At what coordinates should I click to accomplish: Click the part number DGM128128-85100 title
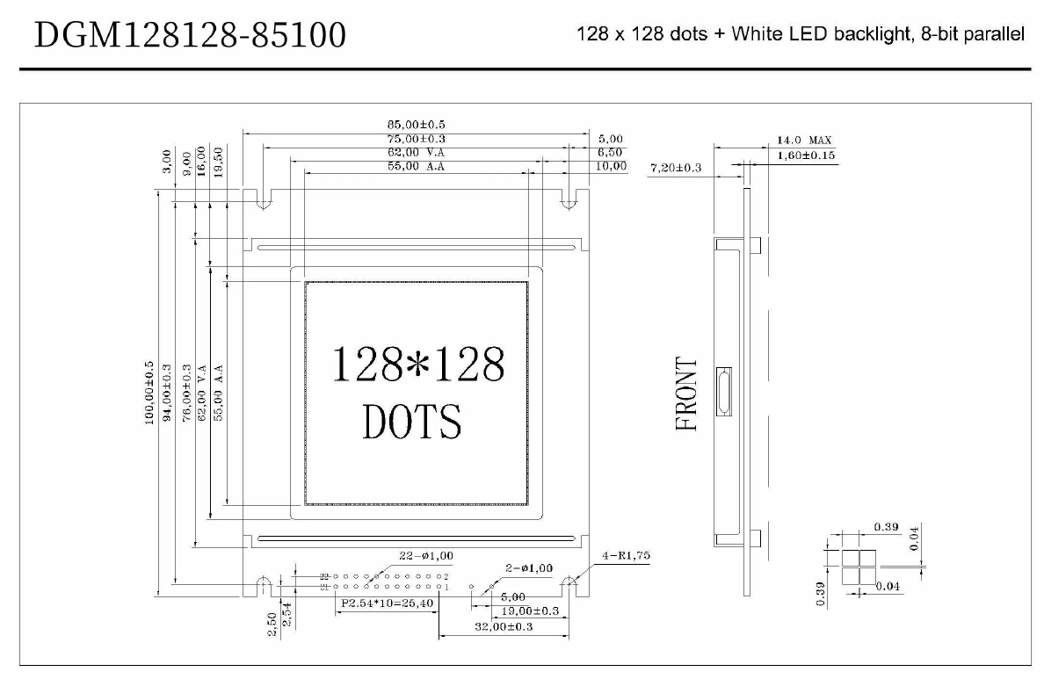pos(191,35)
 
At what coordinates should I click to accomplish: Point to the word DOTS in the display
pos(411,422)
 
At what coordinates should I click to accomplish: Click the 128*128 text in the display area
pos(417,364)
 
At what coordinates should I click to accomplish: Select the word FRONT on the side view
pos(686,394)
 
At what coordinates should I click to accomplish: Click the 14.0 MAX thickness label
pos(803,141)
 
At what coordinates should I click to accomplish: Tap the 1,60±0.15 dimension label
pos(806,155)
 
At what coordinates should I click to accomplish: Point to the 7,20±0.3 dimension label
pos(676,167)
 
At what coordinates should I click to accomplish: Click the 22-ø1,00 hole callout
pos(426,555)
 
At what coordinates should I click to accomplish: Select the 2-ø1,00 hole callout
pos(528,567)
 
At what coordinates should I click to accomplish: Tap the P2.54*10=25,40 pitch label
pos(388,603)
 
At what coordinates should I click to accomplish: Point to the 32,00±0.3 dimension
pos(504,626)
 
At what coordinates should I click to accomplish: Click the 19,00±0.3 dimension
pos(530,610)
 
